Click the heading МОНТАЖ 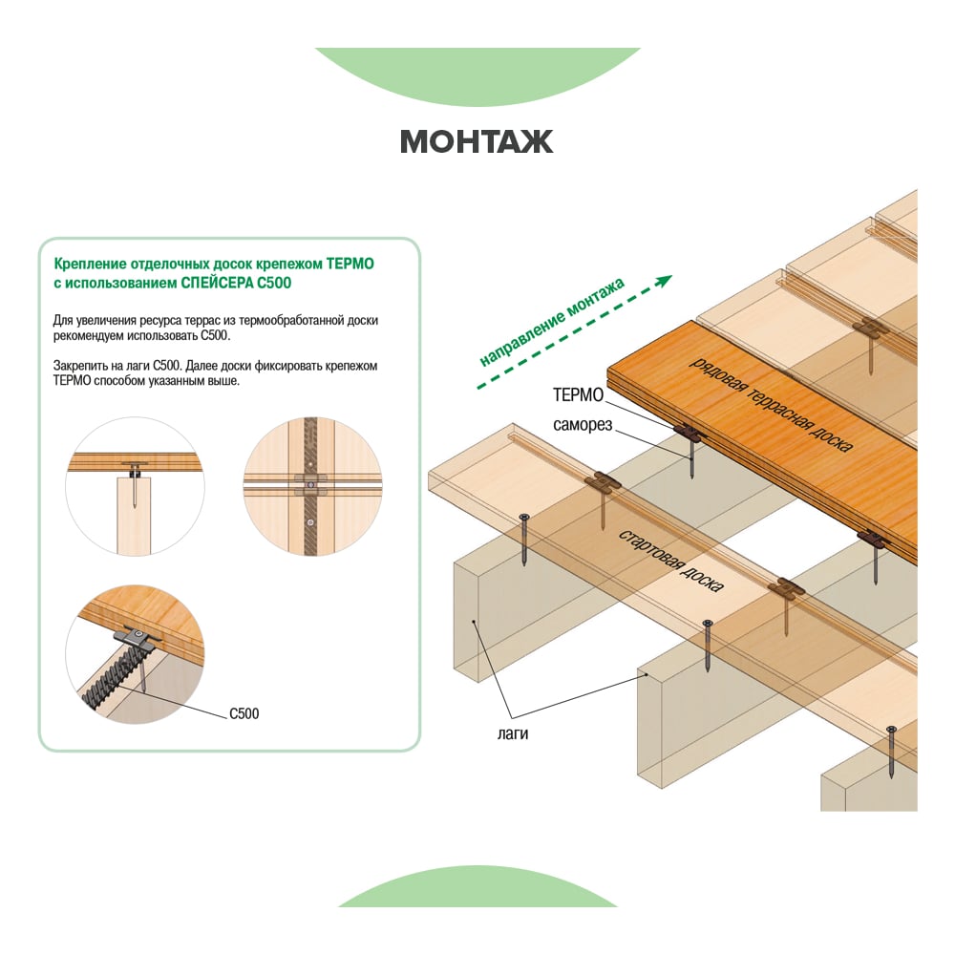477,142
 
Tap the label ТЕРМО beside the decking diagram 578,395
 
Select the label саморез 583,425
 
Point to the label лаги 513,733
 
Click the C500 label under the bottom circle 244,713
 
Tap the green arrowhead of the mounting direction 664,281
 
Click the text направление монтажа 552,323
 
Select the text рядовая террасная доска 771,405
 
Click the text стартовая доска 671,561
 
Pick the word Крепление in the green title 91,265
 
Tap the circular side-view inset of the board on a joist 136,486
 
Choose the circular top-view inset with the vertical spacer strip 312,486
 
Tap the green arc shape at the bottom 477,888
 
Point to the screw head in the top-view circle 310,485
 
